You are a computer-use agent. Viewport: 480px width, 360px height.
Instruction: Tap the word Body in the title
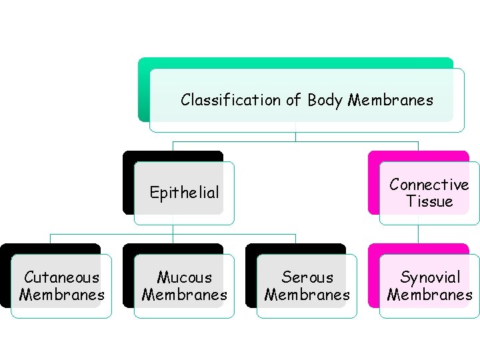(x=325, y=101)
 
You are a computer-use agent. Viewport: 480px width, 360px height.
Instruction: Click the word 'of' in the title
(x=293, y=101)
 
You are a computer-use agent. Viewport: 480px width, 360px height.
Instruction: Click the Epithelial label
(x=184, y=193)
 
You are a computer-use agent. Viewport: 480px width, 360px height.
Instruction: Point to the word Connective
(x=429, y=185)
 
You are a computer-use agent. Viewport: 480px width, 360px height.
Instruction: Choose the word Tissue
(x=429, y=201)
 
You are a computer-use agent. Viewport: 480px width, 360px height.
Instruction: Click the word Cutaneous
(x=61, y=277)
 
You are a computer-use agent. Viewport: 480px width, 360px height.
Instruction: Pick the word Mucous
(x=184, y=277)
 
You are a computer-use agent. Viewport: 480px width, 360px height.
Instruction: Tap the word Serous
(x=307, y=277)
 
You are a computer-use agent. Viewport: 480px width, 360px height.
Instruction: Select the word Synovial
(x=429, y=277)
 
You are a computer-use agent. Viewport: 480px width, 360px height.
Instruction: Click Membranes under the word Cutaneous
(x=61, y=295)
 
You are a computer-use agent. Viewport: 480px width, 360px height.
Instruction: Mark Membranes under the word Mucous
(x=184, y=295)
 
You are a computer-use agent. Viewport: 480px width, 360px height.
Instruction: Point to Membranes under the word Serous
(x=307, y=295)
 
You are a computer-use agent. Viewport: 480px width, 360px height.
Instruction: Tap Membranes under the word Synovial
(x=429, y=295)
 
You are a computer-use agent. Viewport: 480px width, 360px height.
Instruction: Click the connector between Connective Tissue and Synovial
(x=419, y=235)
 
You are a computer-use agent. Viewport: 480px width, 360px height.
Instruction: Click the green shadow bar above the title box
(x=293, y=63)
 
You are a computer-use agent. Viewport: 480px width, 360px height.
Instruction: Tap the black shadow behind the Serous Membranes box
(x=251, y=280)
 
